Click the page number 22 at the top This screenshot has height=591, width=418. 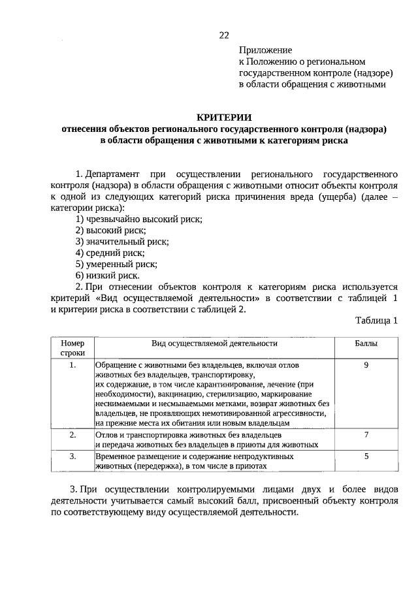[x=224, y=35]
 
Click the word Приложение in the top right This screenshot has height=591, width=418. [x=265, y=50]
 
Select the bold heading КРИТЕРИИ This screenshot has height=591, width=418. [x=224, y=116]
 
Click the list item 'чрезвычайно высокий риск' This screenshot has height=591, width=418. [x=138, y=219]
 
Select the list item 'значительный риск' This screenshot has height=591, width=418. [x=121, y=241]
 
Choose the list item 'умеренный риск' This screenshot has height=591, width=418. [x=116, y=264]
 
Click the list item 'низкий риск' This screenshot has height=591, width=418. [x=107, y=275]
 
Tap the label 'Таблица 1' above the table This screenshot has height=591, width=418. [x=377, y=320]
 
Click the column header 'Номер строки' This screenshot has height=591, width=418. [x=72, y=347]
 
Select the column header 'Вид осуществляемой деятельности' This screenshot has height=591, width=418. [x=215, y=343]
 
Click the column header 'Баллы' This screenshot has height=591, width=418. [x=366, y=343]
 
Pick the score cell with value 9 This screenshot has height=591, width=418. [x=366, y=365]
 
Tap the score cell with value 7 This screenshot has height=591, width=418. [x=366, y=434]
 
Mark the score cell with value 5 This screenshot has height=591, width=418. [x=366, y=456]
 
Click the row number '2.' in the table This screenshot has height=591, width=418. [x=72, y=434]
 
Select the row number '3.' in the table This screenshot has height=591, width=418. [x=72, y=456]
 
